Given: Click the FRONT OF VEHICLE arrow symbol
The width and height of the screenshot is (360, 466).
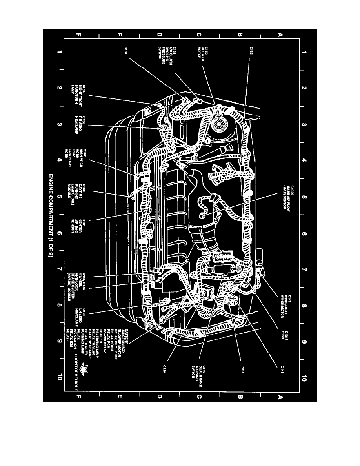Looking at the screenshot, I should tap(82, 370).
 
